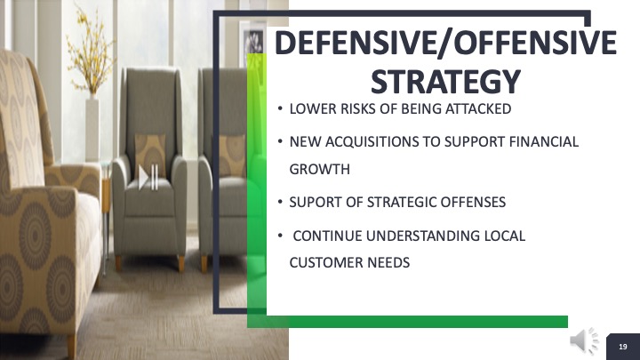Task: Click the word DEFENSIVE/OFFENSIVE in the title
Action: [445, 44]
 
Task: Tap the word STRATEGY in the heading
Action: [445, 82]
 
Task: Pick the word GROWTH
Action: [320, 169]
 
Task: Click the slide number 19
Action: [623, 347]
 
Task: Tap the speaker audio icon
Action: [585, 340]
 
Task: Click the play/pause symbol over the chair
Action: [148, 177]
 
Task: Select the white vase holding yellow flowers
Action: [92, 129]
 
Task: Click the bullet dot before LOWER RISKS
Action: [280, 109]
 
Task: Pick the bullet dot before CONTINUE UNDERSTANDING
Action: [280, 236]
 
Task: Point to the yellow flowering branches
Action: [91, 49]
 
